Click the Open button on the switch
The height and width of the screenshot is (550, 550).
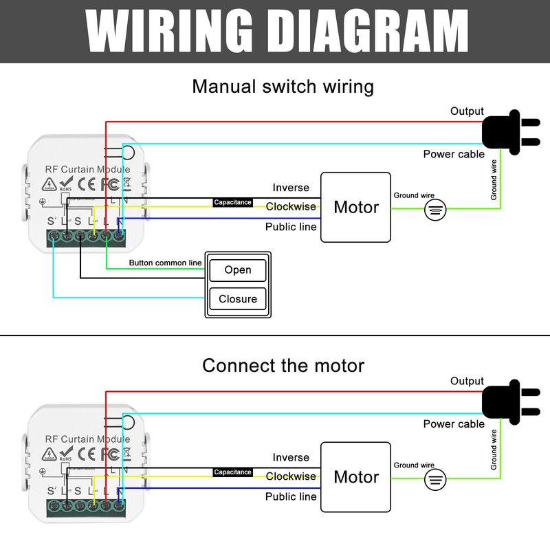point(238,270)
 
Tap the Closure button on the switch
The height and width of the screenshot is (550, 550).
point(238,299)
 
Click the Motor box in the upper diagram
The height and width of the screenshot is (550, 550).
point(356,207)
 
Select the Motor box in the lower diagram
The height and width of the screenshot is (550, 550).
point(356,476)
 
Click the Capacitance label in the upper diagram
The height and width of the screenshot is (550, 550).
point(232,203)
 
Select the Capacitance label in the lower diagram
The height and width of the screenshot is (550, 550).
point(232,472)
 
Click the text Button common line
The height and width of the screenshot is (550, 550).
point(165,263)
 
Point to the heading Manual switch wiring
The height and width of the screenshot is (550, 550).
point(283,87)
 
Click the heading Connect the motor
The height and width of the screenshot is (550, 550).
point(283,365)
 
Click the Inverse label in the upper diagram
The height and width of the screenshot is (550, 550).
point(291,188)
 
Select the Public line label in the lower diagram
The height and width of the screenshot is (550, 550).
point(291,496)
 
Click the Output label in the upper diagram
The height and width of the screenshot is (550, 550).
point(467,111)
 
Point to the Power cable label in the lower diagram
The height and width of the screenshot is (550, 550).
point(454,424)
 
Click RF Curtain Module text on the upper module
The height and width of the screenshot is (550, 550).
point(87,169)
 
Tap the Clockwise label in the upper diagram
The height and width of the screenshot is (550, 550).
point(291,207)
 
